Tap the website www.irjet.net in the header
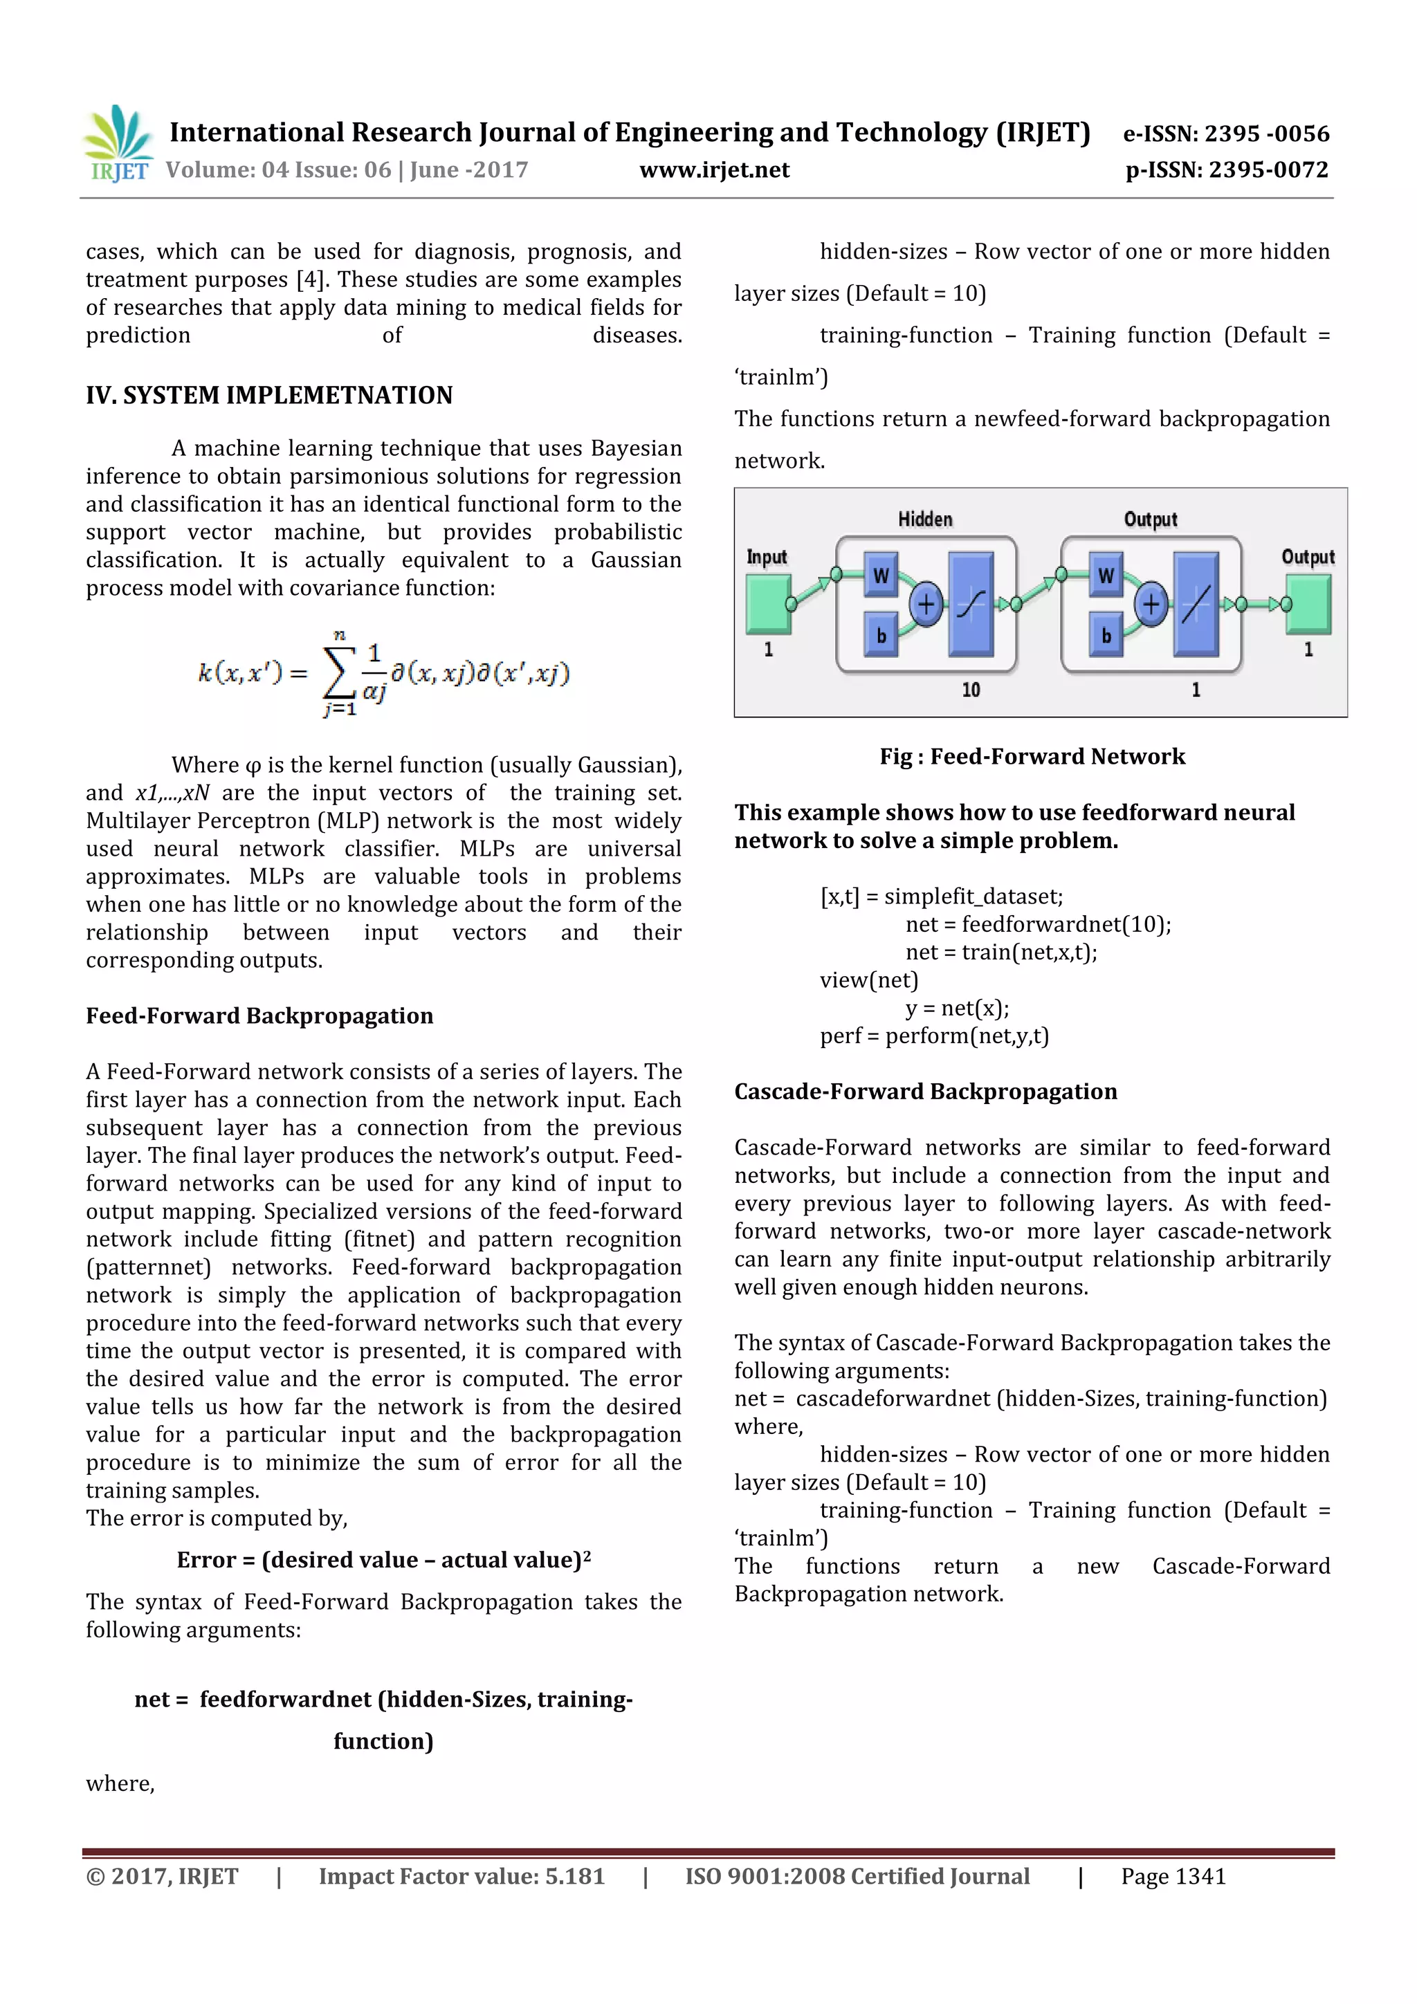pos(714,170)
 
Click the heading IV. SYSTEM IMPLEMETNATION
pos(269,396)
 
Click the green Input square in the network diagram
pos(767,603)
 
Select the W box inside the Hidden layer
pos(881,575)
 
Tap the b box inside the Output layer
pos(1106,634)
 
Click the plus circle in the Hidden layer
pos(926,604)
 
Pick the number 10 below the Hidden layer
pos(971,690)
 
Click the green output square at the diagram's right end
pos(1308,603)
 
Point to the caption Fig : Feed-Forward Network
pos(1032,757)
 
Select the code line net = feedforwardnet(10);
pos(1038,924)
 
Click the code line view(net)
pos(869,980)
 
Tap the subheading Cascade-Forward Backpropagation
pos(926,1092)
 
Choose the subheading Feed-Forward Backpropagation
pos(259,1016)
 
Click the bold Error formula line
pos(383,1560)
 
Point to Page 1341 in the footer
pos(1173,1877)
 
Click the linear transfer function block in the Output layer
pos(1195,604)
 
